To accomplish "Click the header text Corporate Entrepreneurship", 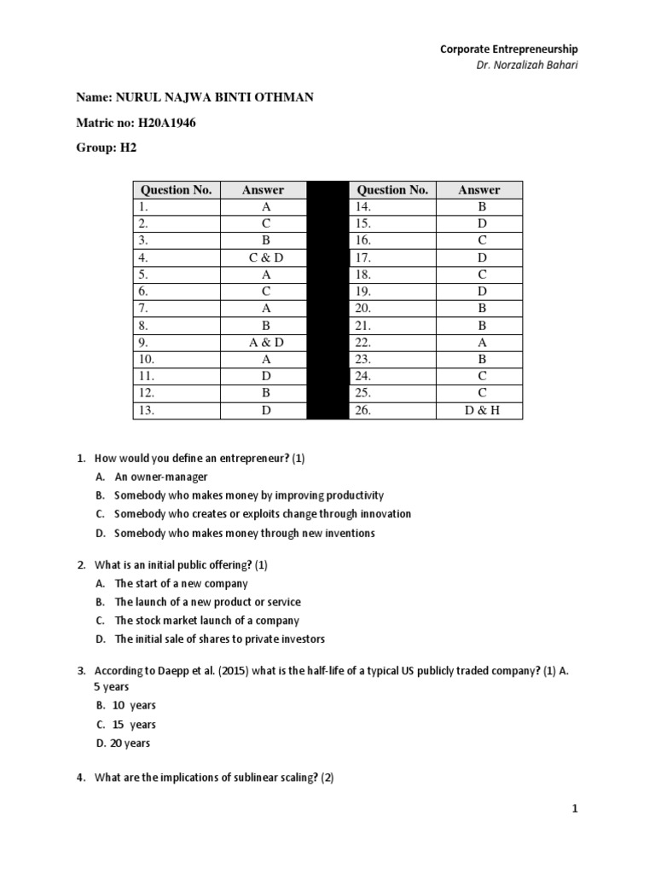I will (509, 49).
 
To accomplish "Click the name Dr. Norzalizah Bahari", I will (527, 66).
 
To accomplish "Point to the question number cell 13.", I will (176, 411).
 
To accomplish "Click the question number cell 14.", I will (391, 206).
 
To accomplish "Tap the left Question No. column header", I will (176, 189).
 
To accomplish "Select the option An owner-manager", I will (161, 477).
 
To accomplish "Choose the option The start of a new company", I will (181, 583).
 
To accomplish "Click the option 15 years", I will (134, 725).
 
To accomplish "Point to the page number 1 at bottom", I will (576, 810).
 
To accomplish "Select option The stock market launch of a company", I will (206, 621).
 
